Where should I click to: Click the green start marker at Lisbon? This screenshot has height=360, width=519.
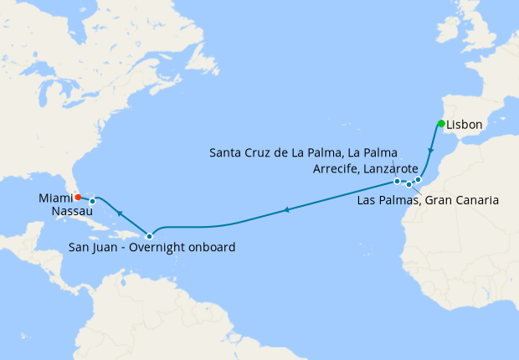tap(440, 125)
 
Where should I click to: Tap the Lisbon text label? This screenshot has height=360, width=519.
tap(465, 125)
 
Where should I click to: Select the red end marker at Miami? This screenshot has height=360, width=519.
tap(78, 198)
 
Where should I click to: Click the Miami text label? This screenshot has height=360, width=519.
tap(55, 198)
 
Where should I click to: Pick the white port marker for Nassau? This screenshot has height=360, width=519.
tap(92, 201)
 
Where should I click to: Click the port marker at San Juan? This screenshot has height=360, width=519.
tap(149, 235)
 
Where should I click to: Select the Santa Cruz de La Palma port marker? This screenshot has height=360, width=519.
tap(397, 181)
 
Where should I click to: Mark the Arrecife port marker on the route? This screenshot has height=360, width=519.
tap(418, 179)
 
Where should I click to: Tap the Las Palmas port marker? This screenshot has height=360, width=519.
tap(409, 184)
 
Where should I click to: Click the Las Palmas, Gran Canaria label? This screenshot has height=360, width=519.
tap(428, 200)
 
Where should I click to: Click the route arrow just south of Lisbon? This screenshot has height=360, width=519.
tap(431, 152)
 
